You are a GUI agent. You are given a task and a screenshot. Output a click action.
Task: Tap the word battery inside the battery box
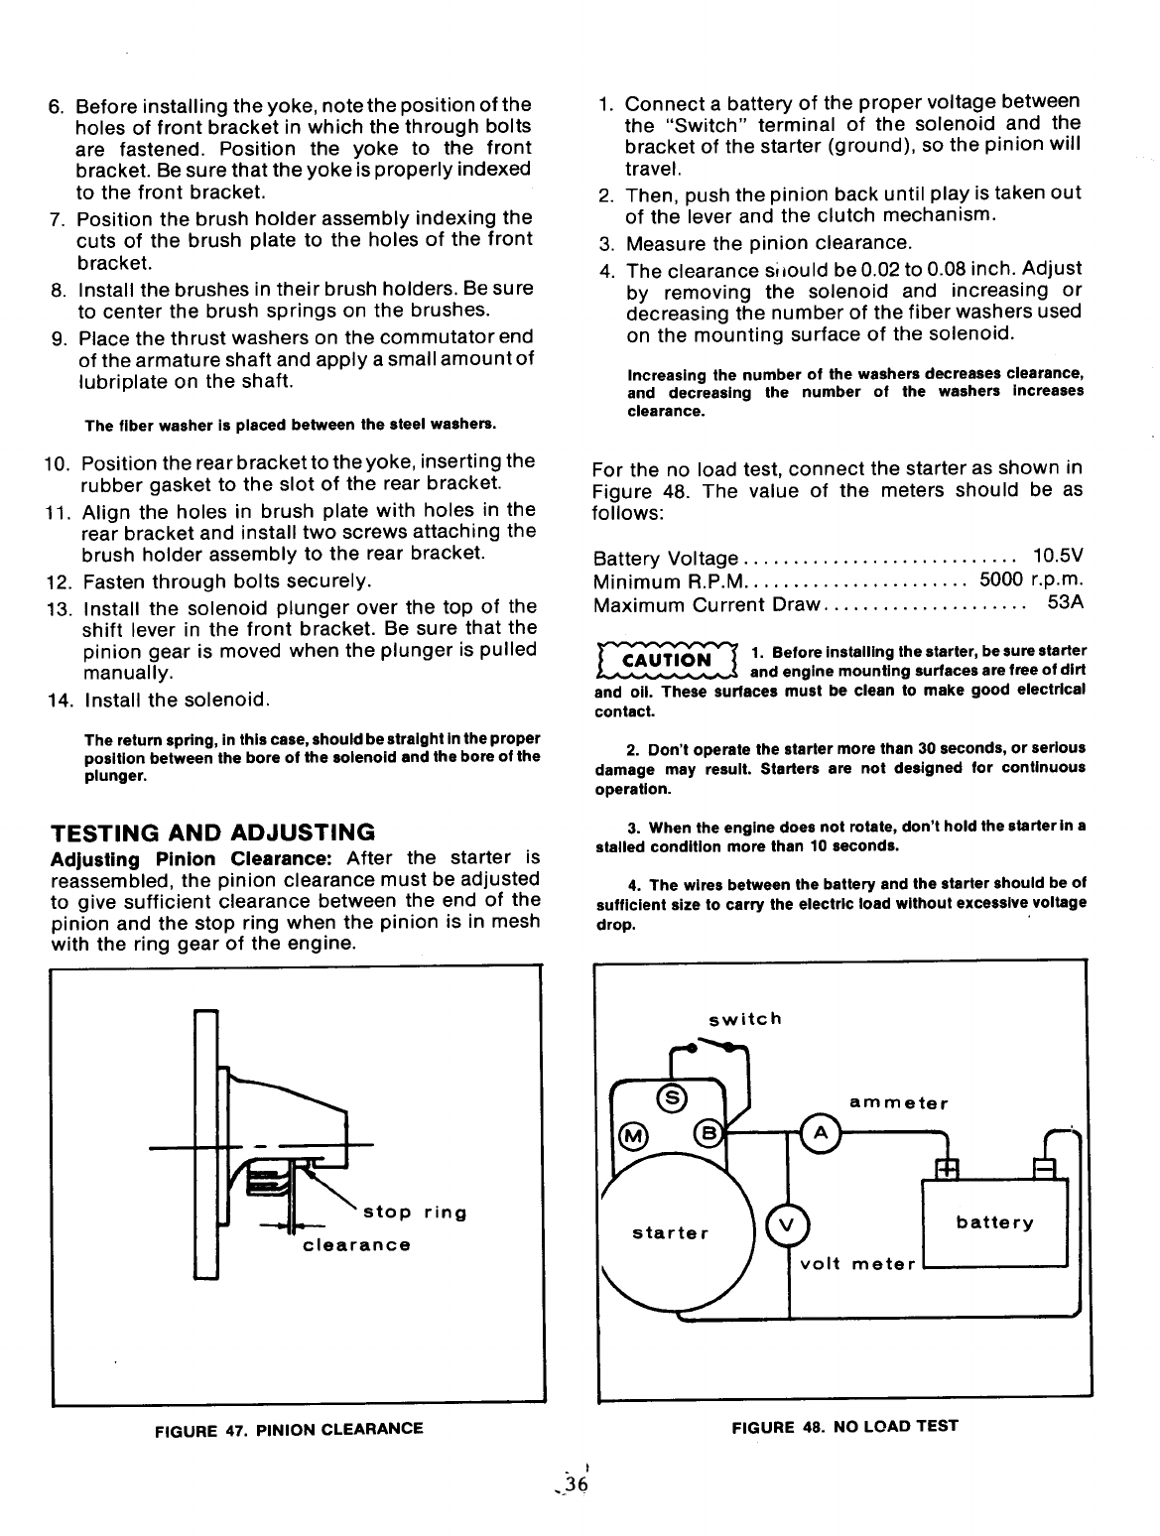pyautogui.click(x=994, y=1222)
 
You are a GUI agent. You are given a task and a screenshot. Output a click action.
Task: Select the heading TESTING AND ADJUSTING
pyautogui.click(x=213, y=832)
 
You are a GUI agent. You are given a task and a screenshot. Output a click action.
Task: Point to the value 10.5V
pyautogui.click(x=1057, y=558)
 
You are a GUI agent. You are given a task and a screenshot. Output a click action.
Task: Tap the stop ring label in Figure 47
pyautogui.click(x=415, y=1213)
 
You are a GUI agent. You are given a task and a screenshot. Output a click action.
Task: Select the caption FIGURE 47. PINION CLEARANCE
pyautogui.click(x=289, y=1429)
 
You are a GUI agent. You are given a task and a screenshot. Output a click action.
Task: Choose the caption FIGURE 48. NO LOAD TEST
pyautogui.click(x=844, y=1427)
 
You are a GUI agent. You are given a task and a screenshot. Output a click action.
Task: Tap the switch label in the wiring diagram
pyautogui.click(x=745, y=1019)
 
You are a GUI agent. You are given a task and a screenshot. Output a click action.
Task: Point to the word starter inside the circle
pyautogui.click(x=671, y=1233)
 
